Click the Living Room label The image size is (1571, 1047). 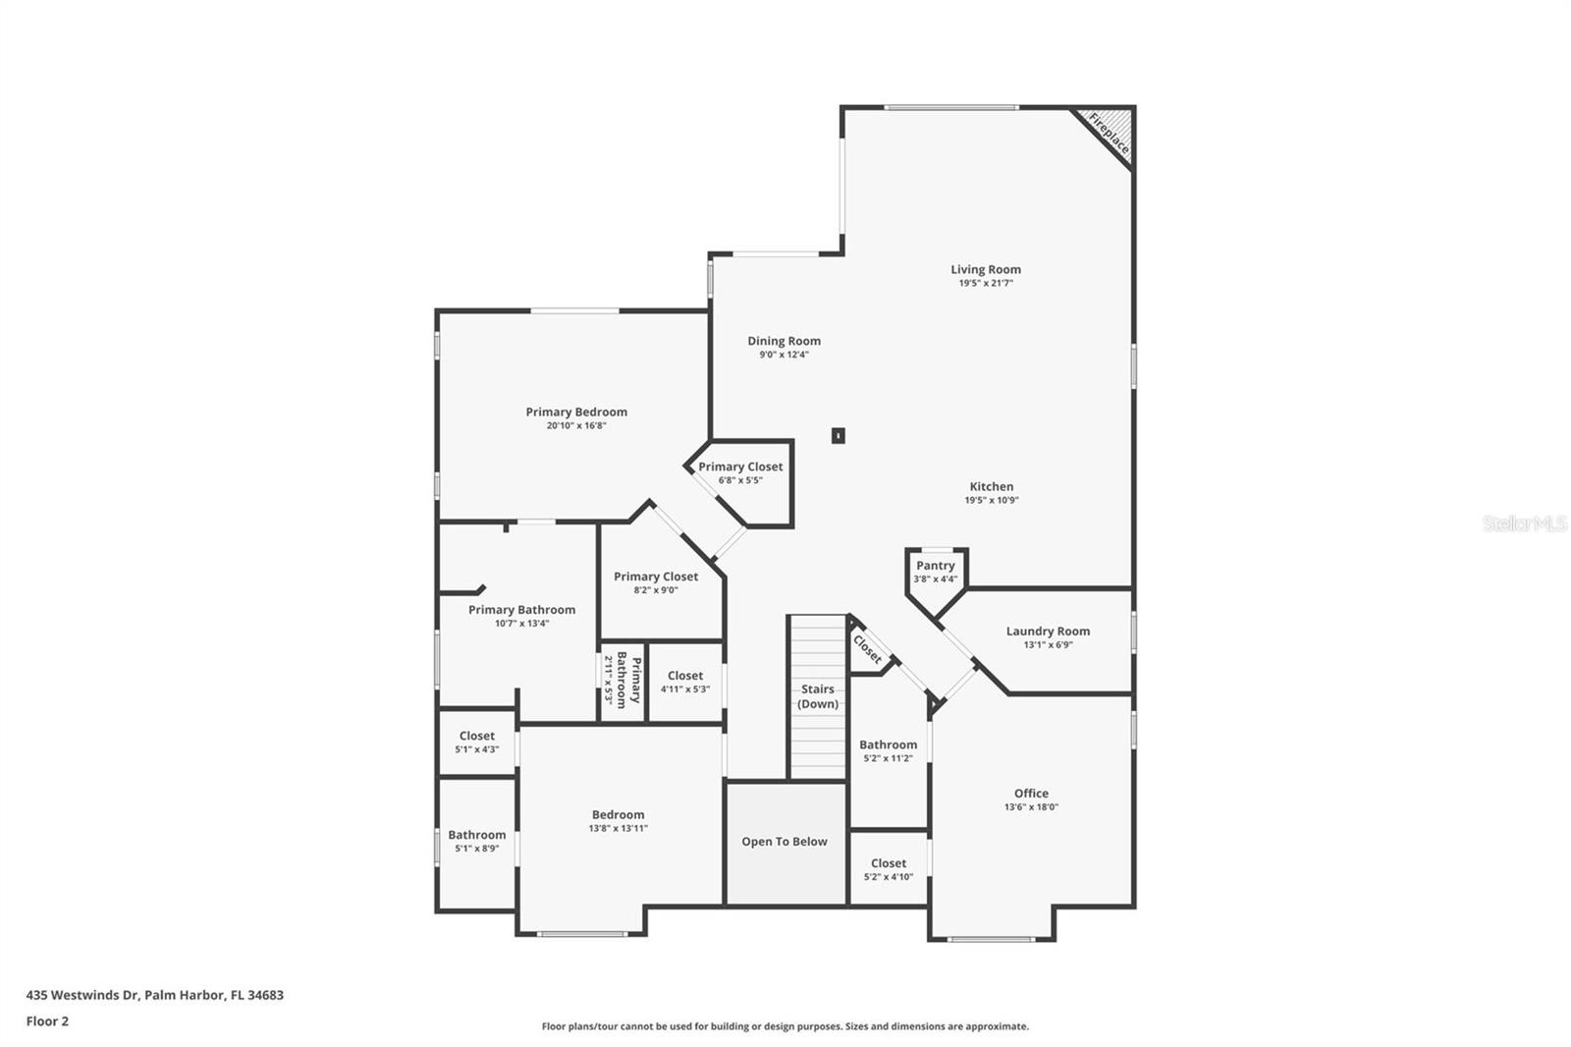pyautogui.click(x=986, y=269)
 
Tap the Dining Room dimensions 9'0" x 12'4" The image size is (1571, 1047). pyautogui.click(x=785, y=355)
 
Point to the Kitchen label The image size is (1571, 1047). pyautogui.click(x=991, y=486)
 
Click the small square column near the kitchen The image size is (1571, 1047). pyautogui.click(x=839, y=436)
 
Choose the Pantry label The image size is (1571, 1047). pyautogui.click(x=936, y=566)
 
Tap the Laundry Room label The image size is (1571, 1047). pyautogui.click(x=1048, y=632)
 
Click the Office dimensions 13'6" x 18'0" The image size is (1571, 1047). pyautogui.click(x=1031, y=807)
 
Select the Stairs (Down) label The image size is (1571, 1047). pyautogui.click(x=818, y=696)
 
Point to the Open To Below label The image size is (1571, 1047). pyautogui.click(x=785, y=842)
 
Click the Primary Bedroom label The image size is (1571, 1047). pyautogui.click(x=576, y=412)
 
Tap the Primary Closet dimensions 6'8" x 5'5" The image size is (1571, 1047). pyautogui.click(x=740, y=480)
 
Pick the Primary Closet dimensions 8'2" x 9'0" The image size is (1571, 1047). pyautogui.click(x=656, y=590)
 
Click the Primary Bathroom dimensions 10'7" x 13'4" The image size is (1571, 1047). pyautogui.click(x=521, y=623)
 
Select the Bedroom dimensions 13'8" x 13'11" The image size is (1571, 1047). pyautogui.click(x=618, y=828)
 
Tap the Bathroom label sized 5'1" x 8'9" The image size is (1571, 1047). pyautogui.click(x=477, y=835)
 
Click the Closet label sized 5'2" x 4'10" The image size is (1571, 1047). pyautogui.click(x=889, y=864)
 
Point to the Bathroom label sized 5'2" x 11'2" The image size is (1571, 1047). pyautogui.click(x=888, y=744)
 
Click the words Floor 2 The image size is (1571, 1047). pyautogui.click(x=48, y=1021)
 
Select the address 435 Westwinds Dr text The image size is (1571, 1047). pyautogui.click(x=83, y=995)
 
